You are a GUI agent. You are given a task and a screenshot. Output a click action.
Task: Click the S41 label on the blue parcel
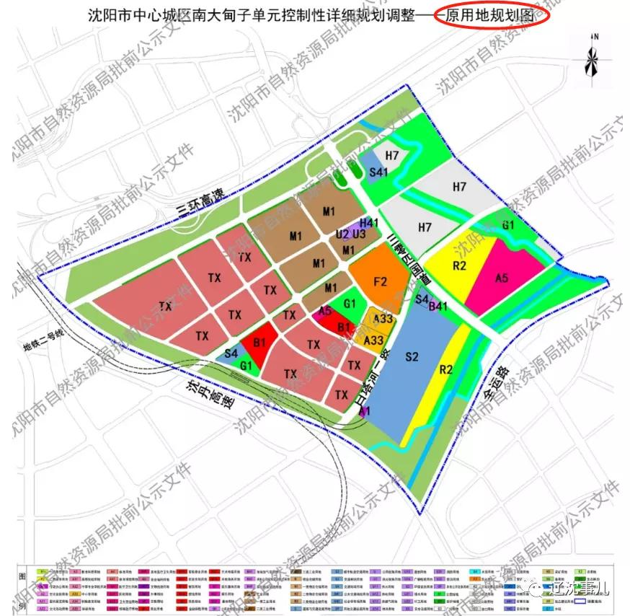tap(378, 172)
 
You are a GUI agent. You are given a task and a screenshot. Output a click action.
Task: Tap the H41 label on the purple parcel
tap(369, 223)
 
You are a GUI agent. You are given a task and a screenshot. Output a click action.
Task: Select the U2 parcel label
tap(342, 234)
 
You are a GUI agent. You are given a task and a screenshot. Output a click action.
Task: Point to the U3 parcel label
tap(360, 234)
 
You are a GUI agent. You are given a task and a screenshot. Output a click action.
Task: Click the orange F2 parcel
tap(380, 281)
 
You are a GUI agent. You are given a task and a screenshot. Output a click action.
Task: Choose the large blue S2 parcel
tap(412, 356)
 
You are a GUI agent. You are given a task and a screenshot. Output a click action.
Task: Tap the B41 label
tap(438, 306)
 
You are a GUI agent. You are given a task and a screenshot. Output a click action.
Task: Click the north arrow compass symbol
tap(593, 58)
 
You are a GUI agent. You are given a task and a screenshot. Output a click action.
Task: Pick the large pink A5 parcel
tap(506, 276)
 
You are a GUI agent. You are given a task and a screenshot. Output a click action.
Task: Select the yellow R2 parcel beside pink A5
tap(461, 265)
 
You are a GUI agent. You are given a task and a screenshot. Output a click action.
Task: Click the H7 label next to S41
tap(392, 156)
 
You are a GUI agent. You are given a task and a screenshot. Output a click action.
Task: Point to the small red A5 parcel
tap(326, 312)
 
